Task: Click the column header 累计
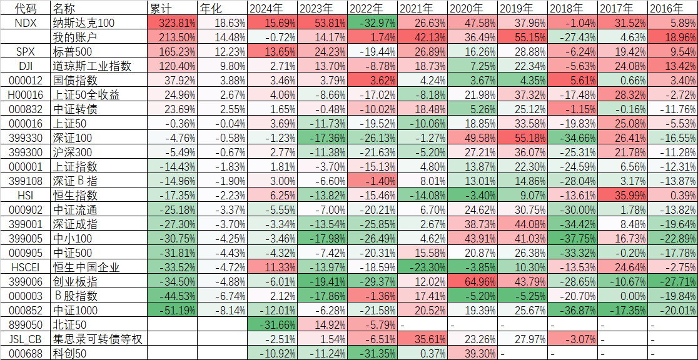pyautogui.click(x=161, y=9)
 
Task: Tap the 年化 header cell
pyautogui.click(x=210, y=9)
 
